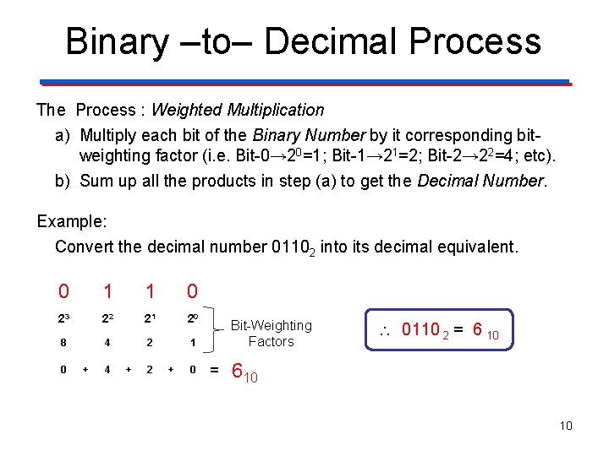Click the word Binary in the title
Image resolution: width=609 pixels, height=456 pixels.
116,41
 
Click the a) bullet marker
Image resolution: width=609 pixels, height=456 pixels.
63,136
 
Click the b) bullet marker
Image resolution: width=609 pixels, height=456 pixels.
63,181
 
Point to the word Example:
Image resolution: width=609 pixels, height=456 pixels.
72,221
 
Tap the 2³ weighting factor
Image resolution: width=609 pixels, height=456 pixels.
63,318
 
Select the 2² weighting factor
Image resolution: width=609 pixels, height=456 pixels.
107,318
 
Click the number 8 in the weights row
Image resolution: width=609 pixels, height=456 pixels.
63,344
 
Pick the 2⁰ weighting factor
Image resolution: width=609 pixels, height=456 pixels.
193,318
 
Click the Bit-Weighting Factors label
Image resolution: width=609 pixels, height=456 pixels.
271,334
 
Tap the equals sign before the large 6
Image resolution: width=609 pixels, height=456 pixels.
214,370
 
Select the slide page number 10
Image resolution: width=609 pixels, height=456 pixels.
565,426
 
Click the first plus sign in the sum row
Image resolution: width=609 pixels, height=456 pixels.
85,370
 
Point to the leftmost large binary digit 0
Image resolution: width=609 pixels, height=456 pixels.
63,292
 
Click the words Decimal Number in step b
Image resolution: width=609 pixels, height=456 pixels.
496,181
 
